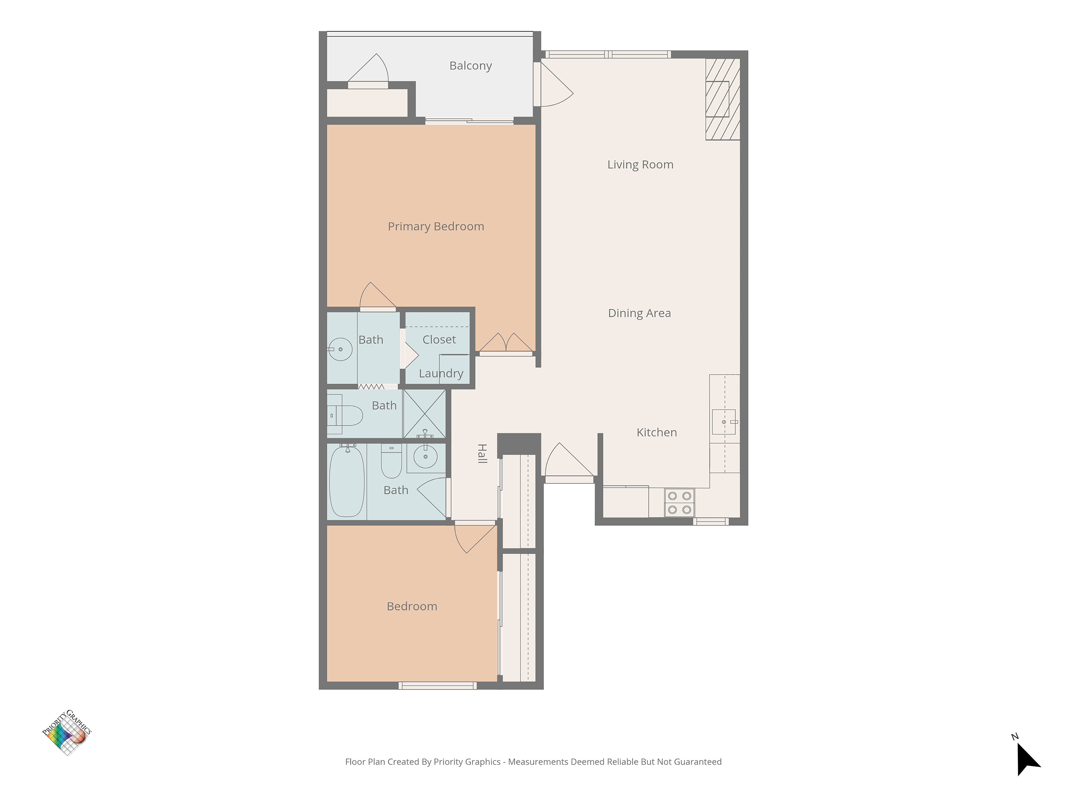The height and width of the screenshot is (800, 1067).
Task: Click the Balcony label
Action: (470, 66)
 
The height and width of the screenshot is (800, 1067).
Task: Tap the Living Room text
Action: (640, 165)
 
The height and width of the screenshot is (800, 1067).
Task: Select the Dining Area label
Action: (639, 313)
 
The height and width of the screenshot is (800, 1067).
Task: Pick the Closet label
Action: (439, 339)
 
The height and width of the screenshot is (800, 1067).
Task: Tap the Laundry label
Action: (441, 374)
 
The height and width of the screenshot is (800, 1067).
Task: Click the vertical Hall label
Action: (482, 453)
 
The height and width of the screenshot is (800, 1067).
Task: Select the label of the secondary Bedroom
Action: (412, 606)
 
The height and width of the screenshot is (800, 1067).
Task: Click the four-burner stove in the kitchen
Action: (679, 502)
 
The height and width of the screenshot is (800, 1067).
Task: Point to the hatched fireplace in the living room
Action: (723, 99)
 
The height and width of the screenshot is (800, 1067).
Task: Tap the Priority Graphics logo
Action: (67, 732)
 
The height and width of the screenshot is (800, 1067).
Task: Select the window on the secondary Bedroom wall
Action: (437, 686)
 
